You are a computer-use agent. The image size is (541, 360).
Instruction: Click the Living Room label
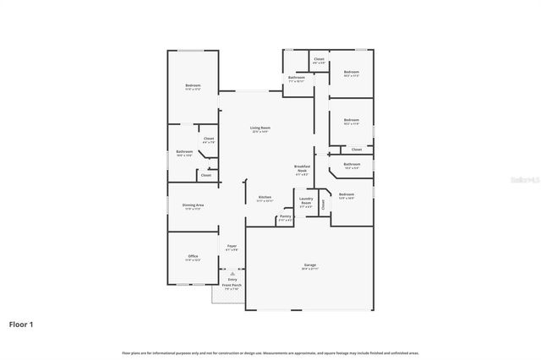click(260, 128)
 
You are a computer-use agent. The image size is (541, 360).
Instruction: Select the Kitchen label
click(265, 197)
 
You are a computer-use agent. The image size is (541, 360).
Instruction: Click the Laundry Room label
click(306, 202)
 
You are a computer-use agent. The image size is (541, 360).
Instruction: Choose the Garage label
click(310, 265)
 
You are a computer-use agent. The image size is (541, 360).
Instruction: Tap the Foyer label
click(232, 246)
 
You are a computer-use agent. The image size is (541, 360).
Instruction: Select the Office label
click(193, 256)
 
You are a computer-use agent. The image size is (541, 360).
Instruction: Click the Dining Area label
click(192, 205)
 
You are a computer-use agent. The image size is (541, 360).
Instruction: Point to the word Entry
click(232, 280)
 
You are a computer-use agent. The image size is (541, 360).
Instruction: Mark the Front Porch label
click(232, 285)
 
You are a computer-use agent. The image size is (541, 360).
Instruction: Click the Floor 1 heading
click(21, 324)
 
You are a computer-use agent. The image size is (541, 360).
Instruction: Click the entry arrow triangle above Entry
click(232, 274)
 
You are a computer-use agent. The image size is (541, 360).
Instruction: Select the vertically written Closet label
click(322, 204)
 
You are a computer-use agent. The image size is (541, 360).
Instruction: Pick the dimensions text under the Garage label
click(310, 270)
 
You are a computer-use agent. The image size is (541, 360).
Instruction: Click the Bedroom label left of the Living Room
click(193, 85)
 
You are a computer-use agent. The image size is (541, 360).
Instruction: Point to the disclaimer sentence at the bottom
click(270, 352)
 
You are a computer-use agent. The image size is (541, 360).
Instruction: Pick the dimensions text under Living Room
click(260, 132)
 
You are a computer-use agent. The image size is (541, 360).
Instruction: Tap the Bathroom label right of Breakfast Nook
click(351, 165)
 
